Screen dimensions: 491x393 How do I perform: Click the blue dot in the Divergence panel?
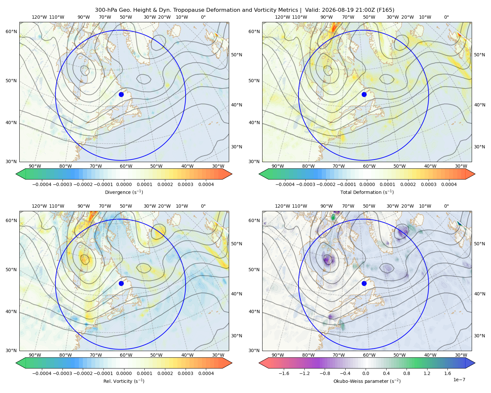[x=121, y=94]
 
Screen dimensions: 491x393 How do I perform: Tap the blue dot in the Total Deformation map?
[x=364, y=94]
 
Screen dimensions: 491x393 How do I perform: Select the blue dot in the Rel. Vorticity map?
[x=121, y=283]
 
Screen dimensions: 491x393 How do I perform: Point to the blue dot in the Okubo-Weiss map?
[x=364, y=283]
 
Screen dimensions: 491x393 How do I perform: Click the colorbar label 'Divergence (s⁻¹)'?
[x=124, y=192]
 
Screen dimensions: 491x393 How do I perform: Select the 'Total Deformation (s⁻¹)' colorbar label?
[x=367, y=192]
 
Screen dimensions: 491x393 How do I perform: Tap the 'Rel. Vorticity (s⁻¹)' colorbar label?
[x=124, y=381]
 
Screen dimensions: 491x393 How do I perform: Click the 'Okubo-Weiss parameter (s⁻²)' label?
[x=367, y=381]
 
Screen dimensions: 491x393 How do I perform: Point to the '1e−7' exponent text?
[x=459, y=380]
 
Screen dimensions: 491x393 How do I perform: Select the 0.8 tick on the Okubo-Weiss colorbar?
[x=407, y=373]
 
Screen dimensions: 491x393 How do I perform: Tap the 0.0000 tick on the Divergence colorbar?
[x=124, y=184]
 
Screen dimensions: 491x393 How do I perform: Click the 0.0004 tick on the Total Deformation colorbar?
[x=449, y=184]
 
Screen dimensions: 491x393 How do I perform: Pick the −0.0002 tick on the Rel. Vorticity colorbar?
[x=83, y=373]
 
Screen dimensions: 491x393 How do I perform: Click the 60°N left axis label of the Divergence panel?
[x=11, y=31]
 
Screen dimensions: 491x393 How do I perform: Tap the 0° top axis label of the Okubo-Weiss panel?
[x=446, y=206]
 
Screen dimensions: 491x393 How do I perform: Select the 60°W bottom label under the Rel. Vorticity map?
[x=126, y=355]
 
